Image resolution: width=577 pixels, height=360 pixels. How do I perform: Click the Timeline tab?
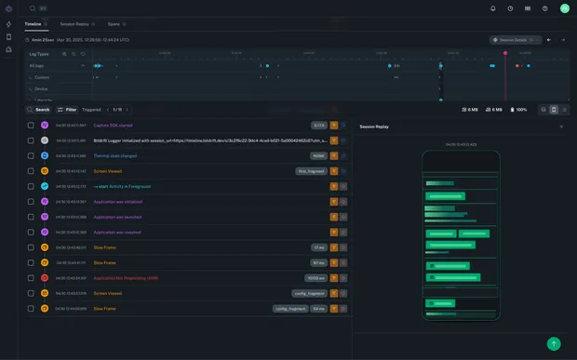tap(33, 22)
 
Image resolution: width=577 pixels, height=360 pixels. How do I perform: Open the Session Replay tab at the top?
tap(74, 22)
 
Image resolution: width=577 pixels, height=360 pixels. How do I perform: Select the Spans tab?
tap(114, 22)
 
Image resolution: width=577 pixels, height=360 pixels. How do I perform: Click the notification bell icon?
tap(493, 8)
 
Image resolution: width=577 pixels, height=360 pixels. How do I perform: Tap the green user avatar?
tap(564, 8)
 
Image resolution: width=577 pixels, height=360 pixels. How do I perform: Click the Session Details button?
tap(515, 40)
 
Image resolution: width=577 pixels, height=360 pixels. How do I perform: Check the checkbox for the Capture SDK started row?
tap(31, 125)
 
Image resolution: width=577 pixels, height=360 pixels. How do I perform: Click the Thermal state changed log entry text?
tap(115, 155)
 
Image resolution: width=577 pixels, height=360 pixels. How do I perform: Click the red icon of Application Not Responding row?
tap(44, 277)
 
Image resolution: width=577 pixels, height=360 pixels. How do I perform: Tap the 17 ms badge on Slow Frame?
tap(318, 247)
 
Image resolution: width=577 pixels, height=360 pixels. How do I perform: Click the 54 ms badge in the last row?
tap(318, 308)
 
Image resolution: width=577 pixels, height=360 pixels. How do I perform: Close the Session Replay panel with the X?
tap(560, 126)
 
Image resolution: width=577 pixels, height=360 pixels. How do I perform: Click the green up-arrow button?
tap(554, 343)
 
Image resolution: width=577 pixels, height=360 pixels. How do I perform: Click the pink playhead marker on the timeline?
tap(505, 53)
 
